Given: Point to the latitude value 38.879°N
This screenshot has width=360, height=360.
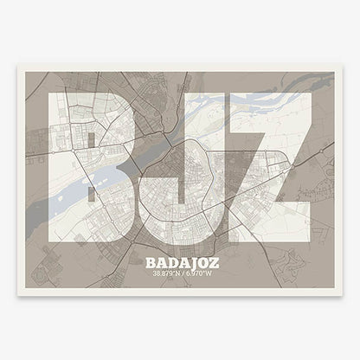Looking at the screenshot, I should (x=162, y=273).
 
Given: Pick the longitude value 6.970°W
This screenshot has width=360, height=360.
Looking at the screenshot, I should (x=200, y=273).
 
